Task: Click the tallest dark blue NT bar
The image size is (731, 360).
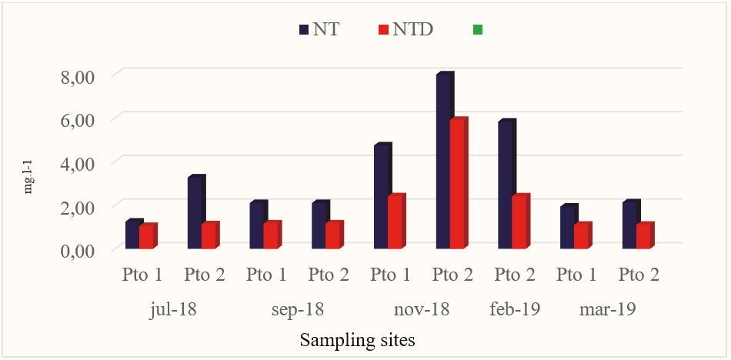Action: point(443,162)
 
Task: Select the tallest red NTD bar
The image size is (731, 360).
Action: point(458,185)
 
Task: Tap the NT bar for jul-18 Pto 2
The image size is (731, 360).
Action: point(195,213)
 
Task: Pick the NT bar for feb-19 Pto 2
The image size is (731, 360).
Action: point(506,185)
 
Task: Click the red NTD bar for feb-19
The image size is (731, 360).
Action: point(520,222)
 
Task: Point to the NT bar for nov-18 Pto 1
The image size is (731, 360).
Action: point(381,197)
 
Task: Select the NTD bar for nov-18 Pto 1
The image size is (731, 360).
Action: point(396,222)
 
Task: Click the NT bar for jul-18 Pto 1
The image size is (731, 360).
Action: point(132,235)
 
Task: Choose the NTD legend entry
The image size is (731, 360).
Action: point(406,29)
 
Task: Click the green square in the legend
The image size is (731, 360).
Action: point(477,29)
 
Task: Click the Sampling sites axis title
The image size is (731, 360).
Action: point(359,339)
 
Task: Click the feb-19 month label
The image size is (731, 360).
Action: point(515,310)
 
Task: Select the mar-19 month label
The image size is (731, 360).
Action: point(608,310)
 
